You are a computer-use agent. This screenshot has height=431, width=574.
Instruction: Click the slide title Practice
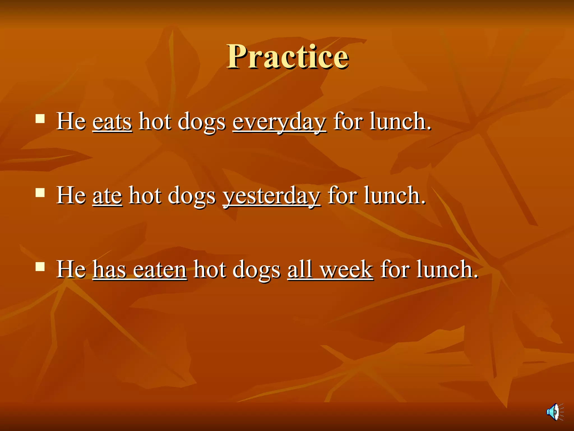click(288, 57)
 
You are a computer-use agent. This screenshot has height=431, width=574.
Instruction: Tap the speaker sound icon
click(554, 412)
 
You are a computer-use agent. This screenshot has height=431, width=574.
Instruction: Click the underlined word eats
click(112, 122)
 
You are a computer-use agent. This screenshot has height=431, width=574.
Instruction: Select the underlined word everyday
click(279, 122)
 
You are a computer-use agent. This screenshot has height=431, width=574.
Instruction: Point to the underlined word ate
click(107, 196)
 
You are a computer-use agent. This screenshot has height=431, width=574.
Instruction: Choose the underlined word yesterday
click(272, 196)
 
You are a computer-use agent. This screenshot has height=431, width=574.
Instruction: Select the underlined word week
click(346, 270)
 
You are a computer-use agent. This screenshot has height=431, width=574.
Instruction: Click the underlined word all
click(300, 270)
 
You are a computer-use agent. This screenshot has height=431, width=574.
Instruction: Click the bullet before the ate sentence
click(40, 193)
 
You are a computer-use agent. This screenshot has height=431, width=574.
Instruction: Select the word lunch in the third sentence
click(447, 270)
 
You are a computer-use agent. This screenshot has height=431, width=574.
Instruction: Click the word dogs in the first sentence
click(202, 122)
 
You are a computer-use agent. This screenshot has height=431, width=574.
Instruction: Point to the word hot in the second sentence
click(145, 196)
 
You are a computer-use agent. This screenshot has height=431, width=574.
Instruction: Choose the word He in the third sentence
click(71, 270)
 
